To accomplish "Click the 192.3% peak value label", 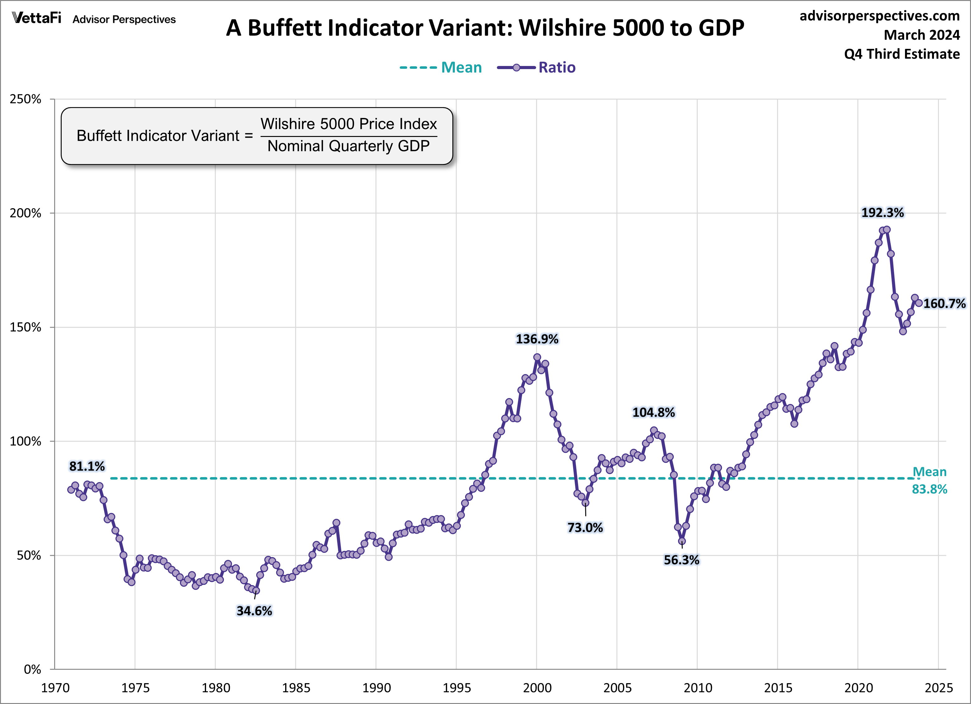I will click(x=882, y=213).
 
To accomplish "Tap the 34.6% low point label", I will click(x=254, y=611).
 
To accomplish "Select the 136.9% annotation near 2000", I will click(x=537, y=339).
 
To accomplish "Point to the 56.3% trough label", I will click(x=681, y=560).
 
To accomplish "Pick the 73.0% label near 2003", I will click(x=585, y=527).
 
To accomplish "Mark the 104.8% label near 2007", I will click(x=654, y=412).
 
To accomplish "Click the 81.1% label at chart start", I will click(x=87, y=466).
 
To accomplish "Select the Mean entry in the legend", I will click(x=461, y=67).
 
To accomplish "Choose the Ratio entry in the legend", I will click(x=557, y=67).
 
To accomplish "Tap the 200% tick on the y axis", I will click(x=26, y=213).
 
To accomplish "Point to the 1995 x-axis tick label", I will click(x=456, y=688).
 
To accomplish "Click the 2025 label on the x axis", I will click(x=938, y=688).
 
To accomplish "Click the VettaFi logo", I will click(x=37, y=18).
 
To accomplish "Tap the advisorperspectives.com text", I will click(x=879, y=16).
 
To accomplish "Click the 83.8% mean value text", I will click(x=930, y=489).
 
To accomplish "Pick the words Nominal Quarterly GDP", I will click(x=348, y=146).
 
